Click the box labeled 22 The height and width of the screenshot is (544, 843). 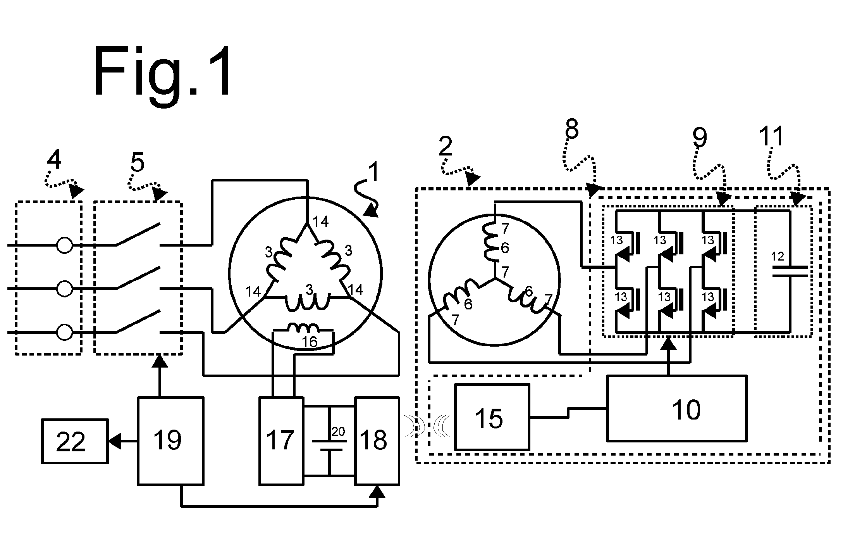point(75,441)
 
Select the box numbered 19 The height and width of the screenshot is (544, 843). point(170,440)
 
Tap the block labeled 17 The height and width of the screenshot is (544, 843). point(281,440)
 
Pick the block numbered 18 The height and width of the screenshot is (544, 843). point(377,440)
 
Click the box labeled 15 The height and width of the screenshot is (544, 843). point(492,417)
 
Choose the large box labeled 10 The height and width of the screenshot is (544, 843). point(676,408)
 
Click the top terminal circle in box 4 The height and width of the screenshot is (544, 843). point(64,245)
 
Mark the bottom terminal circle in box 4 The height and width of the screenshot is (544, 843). point(64,332)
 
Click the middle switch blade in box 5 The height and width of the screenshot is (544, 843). point(138,278)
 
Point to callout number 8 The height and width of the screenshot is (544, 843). point(572,129)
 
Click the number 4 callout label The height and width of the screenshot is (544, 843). point(54,159)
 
